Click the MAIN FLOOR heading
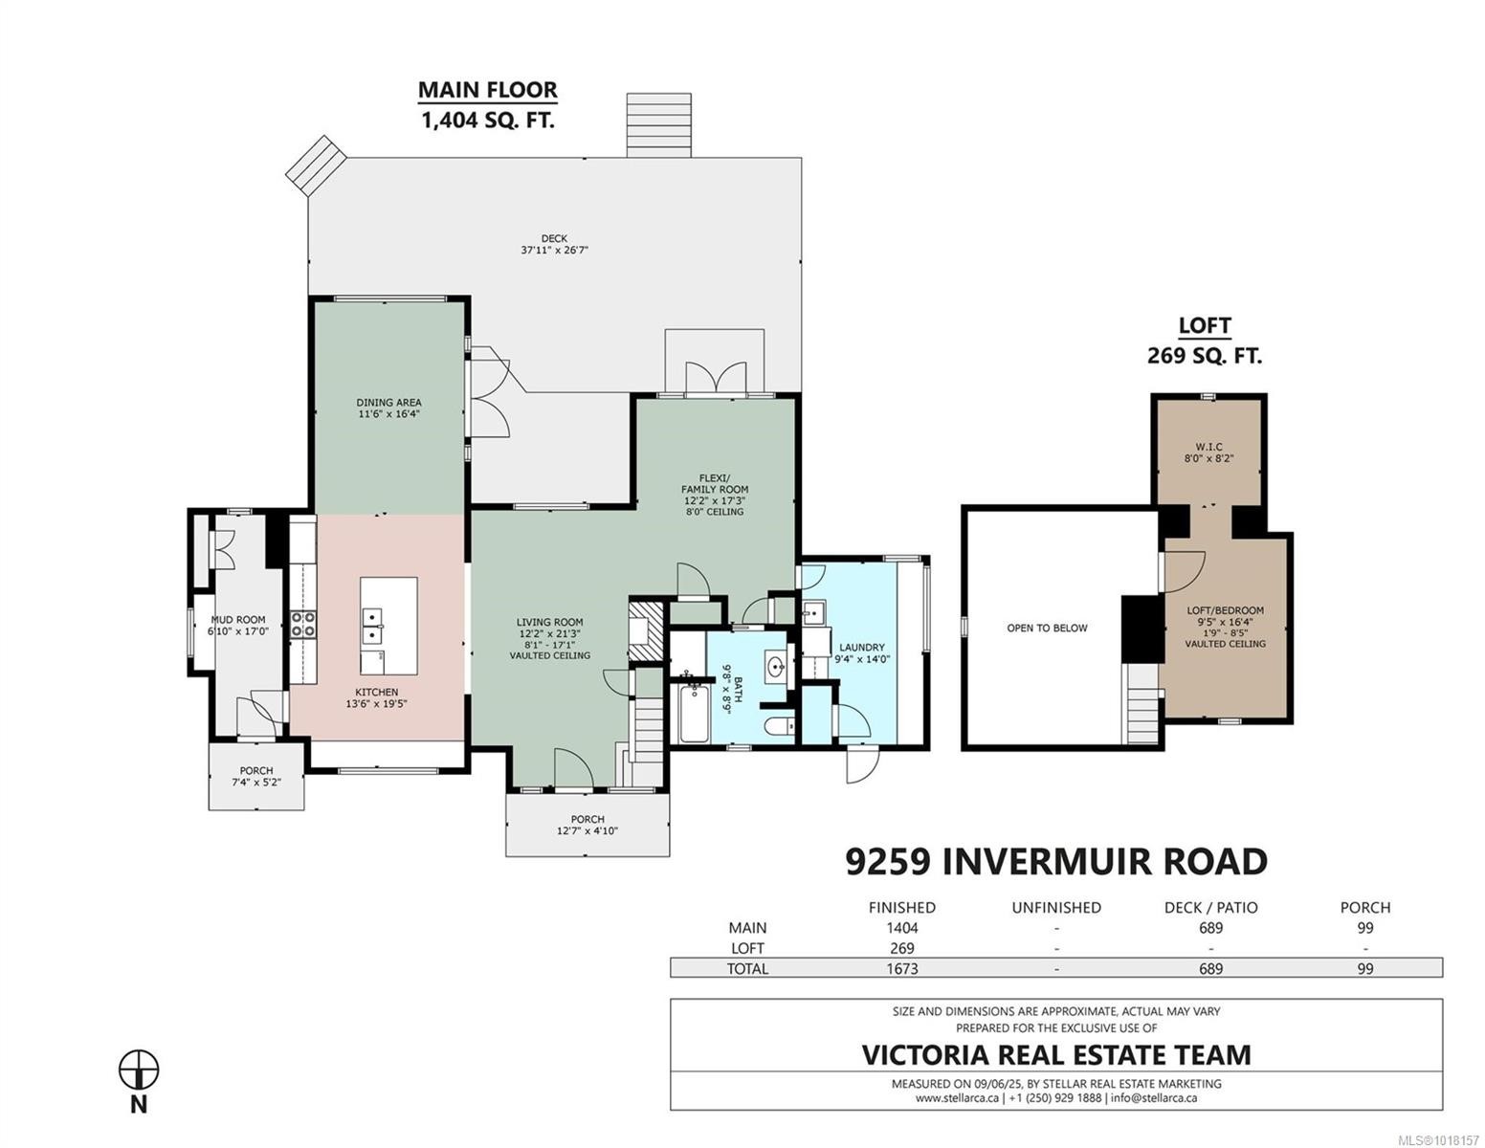click(487, 91)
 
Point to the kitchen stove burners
click(304, 625)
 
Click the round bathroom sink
click(776, 666)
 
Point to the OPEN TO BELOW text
click(1047, 629)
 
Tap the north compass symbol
click(139, 1069)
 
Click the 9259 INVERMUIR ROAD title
click(1055, 862)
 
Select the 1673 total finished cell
click(901, 968)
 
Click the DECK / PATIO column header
click(1210, 907)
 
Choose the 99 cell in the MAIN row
click(1364, 928)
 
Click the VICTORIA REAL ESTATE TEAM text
click(1055, 1054)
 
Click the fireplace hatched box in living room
click(640, 628)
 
